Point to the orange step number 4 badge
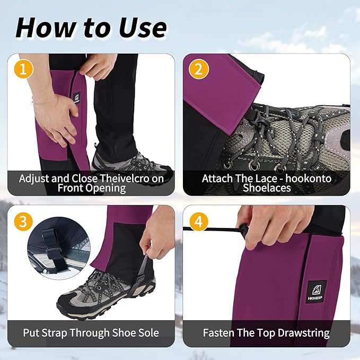pyautogui.click(x=199, y=222)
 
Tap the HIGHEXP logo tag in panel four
pyautogui.click(x=316, y=290)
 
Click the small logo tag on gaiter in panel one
pyautogui.click(x=77, y=98)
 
